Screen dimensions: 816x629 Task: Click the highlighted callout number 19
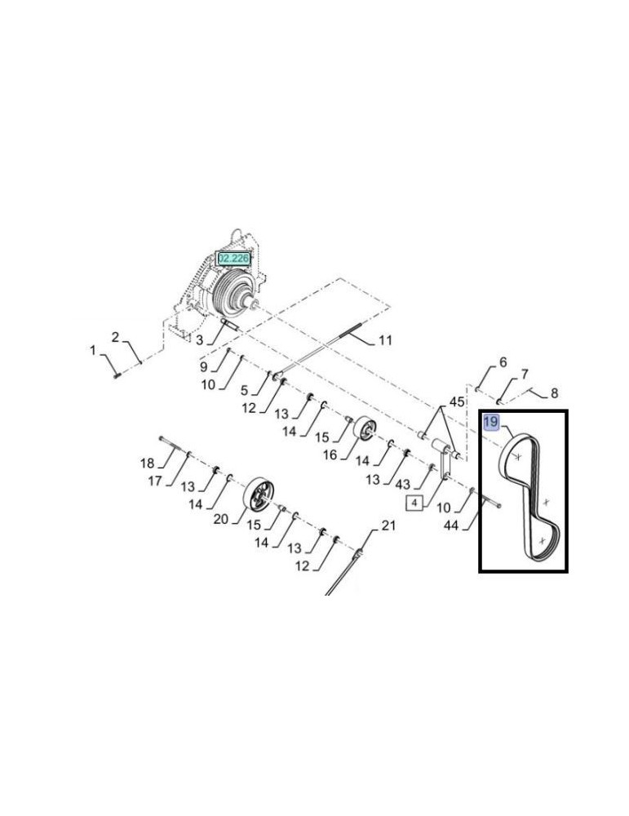point(491,422)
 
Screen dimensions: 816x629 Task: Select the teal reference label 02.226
point(233,259)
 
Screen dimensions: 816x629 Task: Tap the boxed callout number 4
point(414,503)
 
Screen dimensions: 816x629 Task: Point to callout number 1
point(93,350)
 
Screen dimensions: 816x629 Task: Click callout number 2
point(116,337)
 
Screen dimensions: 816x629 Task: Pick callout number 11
point(386,339)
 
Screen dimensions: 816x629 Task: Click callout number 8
point(554,392)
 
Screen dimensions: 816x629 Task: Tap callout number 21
point(389,526)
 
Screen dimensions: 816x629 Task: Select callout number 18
point(147,463)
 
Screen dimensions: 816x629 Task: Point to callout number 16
point(329,454)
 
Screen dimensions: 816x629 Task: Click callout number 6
point(503,361)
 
